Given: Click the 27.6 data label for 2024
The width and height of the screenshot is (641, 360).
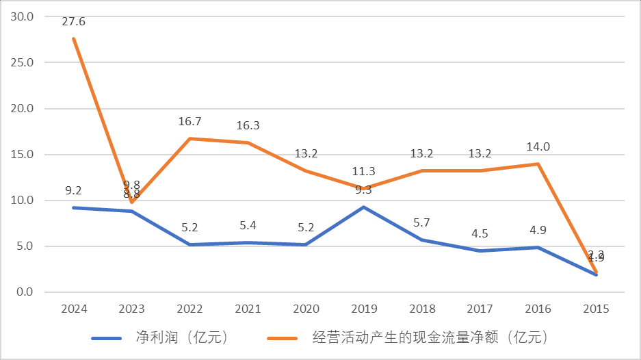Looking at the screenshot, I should (x=73, y=22).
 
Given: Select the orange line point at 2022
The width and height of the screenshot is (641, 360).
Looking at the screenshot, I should (x=189, y=139).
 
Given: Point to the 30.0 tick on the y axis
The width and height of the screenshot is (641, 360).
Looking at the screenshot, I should (x=24, y=16).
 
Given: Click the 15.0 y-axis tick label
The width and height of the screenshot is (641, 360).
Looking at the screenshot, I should (x=24, y=155).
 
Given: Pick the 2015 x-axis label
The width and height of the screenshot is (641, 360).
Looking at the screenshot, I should (x=597, y=309).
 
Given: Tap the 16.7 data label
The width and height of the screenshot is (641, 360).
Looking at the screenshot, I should (x=189, y=122).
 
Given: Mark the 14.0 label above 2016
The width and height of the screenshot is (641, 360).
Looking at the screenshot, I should (x=538, y=146).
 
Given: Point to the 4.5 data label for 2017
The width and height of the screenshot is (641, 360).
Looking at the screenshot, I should (x=480, y=233).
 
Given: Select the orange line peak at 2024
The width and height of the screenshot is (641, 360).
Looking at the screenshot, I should (x=73, y=38).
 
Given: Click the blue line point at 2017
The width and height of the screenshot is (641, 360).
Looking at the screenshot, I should (x=480, y=250).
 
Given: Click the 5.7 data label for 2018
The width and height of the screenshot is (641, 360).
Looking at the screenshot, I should (x=422, y=222).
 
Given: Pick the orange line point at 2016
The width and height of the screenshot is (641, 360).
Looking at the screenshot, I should (x=538, y=164).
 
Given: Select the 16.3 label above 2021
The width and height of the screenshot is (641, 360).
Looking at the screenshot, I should (x=248, y=126).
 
